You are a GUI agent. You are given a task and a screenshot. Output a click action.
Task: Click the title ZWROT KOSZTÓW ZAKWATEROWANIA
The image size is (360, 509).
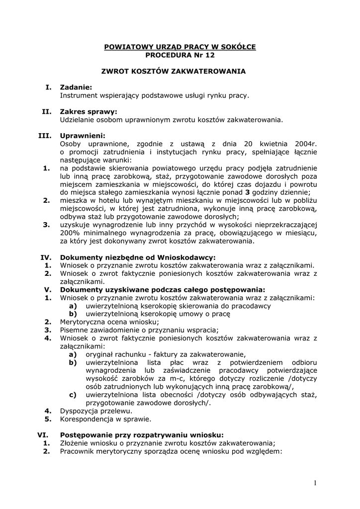click(180, 71)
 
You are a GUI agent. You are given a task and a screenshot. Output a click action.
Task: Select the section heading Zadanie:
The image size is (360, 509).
click(76, 87)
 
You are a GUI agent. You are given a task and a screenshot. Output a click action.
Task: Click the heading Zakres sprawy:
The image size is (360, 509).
click(89, 112)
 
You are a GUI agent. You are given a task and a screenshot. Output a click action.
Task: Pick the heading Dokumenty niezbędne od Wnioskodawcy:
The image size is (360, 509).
click(138, 257)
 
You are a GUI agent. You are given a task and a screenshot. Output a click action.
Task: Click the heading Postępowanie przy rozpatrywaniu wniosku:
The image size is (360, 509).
click(142, 434)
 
